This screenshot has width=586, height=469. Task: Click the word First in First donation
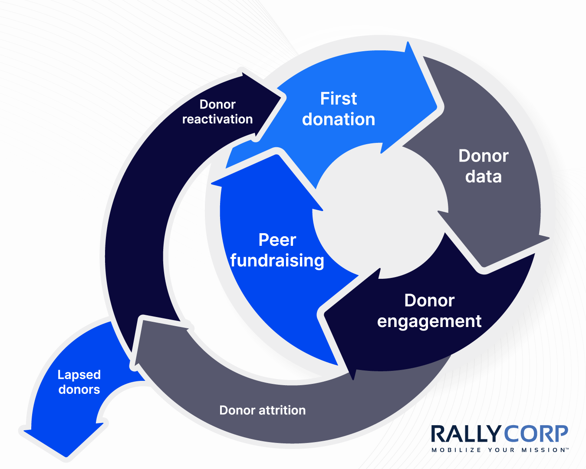tap(338, 99)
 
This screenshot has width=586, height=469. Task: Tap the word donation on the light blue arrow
tap(338, 119)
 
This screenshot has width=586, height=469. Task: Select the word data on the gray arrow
tap(483, 177)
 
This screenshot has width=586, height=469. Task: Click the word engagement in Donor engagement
tap(429, 321)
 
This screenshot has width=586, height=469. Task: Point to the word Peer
tap(277, 240)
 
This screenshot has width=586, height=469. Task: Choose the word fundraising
tap(277, 261)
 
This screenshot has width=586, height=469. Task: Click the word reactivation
tap(217, 119)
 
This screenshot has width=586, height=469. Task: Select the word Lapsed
tap(79, 375)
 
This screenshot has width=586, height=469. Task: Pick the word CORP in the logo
tap(536, 434)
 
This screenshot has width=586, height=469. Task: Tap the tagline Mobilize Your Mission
tap(500, 450)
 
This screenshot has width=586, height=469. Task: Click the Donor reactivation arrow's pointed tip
tap(282, 98)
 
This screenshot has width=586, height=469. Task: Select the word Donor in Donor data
tap(483, 156)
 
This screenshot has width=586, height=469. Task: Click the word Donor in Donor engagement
tap(429, 301)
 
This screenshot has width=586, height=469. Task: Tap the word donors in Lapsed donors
tap(79, 390)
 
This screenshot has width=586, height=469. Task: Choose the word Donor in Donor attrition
tap(237, 410)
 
